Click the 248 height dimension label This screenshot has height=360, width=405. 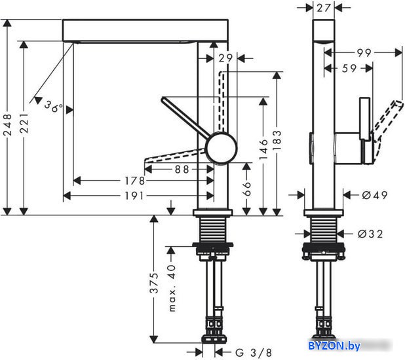tap(8, 124)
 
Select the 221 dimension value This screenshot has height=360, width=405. tap(24, 122)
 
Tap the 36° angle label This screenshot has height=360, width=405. tap(54, 107)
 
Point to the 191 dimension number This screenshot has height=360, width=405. tap(134, 196)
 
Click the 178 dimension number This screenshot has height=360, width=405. tap(134, 181)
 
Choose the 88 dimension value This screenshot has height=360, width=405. tap(182, 170)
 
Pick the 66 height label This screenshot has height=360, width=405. tap(247, 189)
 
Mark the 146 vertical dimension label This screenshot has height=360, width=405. tap(263, 149)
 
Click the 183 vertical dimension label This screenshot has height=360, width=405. tap(277, 141)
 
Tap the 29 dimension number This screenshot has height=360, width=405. tap(225, 58)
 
